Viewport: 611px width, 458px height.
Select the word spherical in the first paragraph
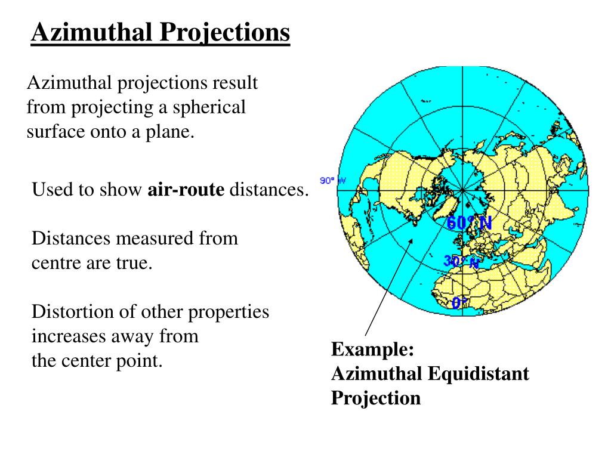point(208,107)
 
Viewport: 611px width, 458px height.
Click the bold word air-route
point(186,190)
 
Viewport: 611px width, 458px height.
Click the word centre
point(57,263)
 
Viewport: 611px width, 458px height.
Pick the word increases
point(69,336)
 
